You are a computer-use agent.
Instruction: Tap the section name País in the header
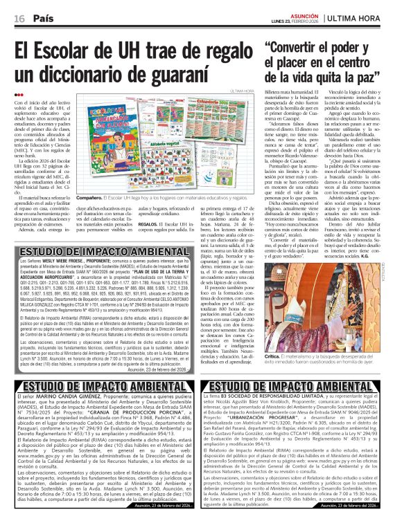[44, 17]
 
